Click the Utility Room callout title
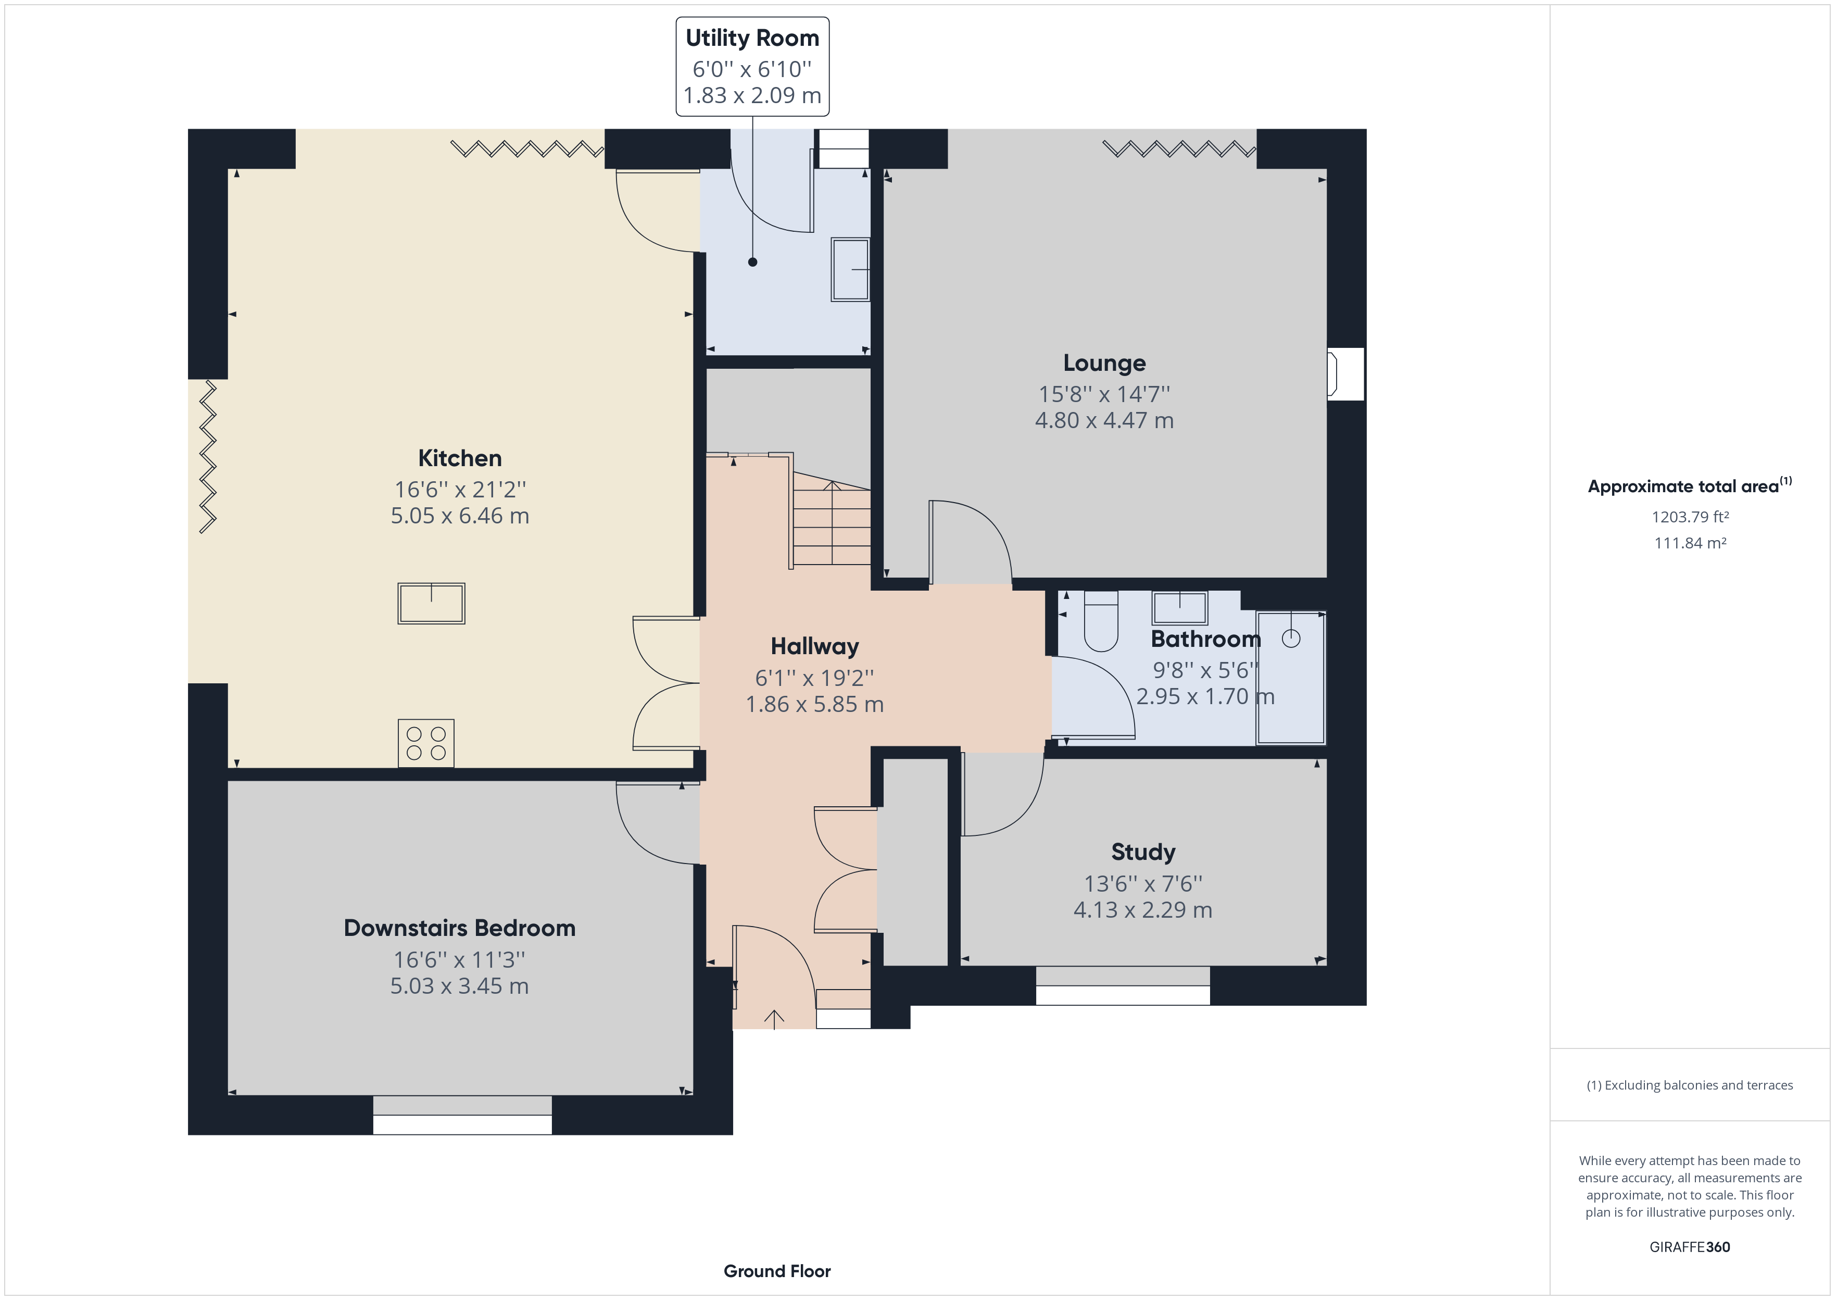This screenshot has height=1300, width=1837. tap(752, 39)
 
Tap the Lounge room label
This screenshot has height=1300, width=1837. tap(1104, 364)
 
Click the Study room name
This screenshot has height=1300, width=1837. tap(1143, 853)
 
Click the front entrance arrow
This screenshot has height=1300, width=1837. tap(774, 1018)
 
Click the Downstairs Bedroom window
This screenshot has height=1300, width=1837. tap(462, 1115)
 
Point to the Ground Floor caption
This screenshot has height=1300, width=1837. tap(777, 1271)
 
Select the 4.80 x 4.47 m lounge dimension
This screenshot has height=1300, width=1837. tap(1104, 420)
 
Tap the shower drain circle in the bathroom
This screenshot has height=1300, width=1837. tap(1291, 638)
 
